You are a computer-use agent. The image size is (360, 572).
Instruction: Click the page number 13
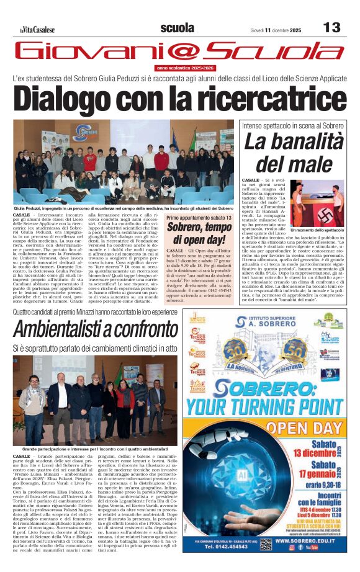pos(332,28)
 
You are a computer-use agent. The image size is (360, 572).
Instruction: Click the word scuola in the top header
pos(177,28)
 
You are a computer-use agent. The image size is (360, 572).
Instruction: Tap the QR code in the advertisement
pos(266,543)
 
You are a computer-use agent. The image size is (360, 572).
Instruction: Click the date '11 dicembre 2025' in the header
pos(289,29)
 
